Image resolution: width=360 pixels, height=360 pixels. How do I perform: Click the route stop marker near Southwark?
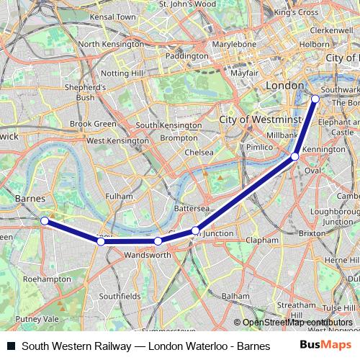(315, 99)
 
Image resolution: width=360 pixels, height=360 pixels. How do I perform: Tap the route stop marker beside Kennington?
(295, 156)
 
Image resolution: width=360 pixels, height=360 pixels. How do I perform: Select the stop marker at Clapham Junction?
(195, 230)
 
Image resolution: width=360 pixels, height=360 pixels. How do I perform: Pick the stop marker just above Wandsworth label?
(158, 241)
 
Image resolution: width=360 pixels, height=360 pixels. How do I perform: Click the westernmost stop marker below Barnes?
(45, 220)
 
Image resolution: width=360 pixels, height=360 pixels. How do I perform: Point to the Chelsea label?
(199, 153)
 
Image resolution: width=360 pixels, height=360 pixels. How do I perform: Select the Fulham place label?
(119, 196)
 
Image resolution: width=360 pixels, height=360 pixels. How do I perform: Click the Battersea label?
(192, 208)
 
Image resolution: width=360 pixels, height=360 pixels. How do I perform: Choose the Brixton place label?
(312, 234)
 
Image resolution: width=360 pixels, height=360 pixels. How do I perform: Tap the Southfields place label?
(120, 296)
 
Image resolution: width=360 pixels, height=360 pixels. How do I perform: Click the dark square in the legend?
(10, 346)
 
